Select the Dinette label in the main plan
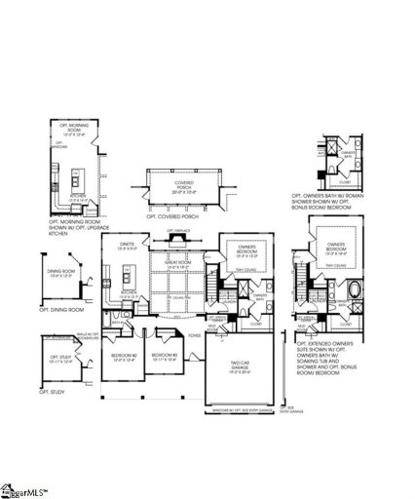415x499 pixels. tap(127, 248)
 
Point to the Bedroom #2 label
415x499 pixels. tap(124, 356)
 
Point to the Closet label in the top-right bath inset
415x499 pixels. tap(345, 181)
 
